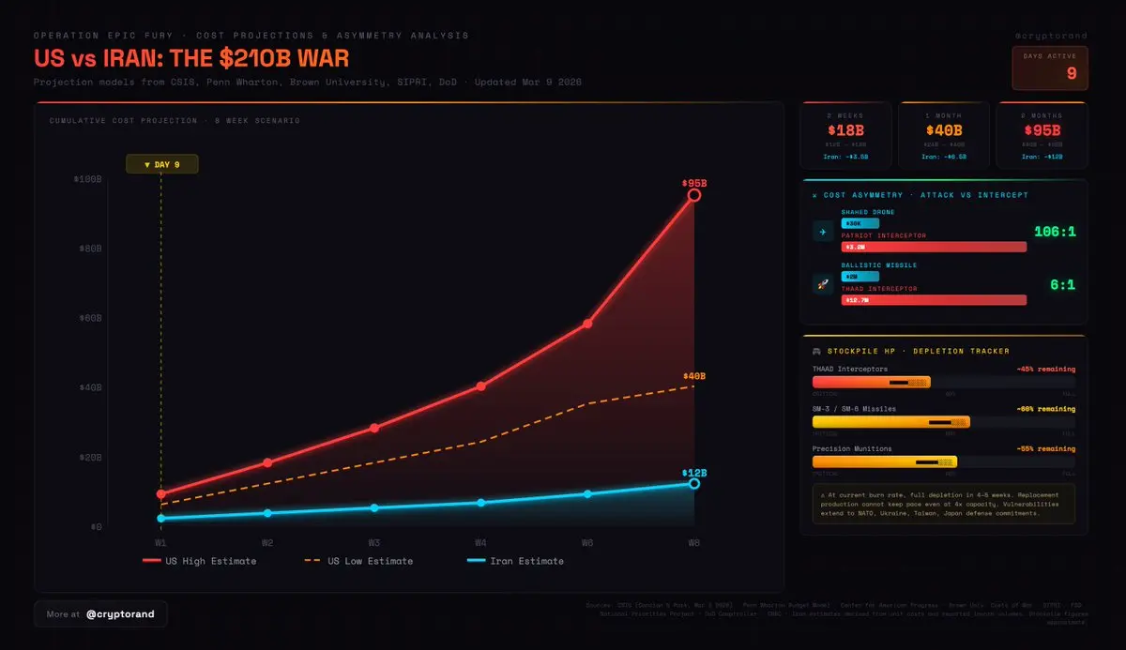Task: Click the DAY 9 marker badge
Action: pyautogui.click(x=161, y=164)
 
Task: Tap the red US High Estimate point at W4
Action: pyautogui.click(x=480, y=385)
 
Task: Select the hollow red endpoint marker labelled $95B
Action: pyautogui.click(x=694, y=195)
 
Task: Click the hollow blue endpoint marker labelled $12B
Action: pyautogui.click(x=694, y=483)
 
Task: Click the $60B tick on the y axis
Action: pyautogui.click(x=89, y=318)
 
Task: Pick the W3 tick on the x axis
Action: pyautogui.click(x=373, y=542)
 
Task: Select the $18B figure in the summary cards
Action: pyautogui.click(x=844, y=130)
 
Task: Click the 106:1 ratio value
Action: pyautogui.click(x=1055, y=232)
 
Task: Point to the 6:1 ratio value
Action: pyautogui.click(x=1061, y=284)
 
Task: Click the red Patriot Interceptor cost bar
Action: pyautogui.click(x=934, y=247)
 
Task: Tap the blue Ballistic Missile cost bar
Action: pyautogui.click(x=860, y=277)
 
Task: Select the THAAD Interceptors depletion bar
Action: pyautogui.click(x=872, y=383)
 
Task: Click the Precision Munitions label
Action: pyautogui.click(x=852, y=449)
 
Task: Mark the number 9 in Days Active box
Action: pyautogui.click(x=1072, y=73)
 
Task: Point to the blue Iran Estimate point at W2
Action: pyautogui.click(x=267, y=513)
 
